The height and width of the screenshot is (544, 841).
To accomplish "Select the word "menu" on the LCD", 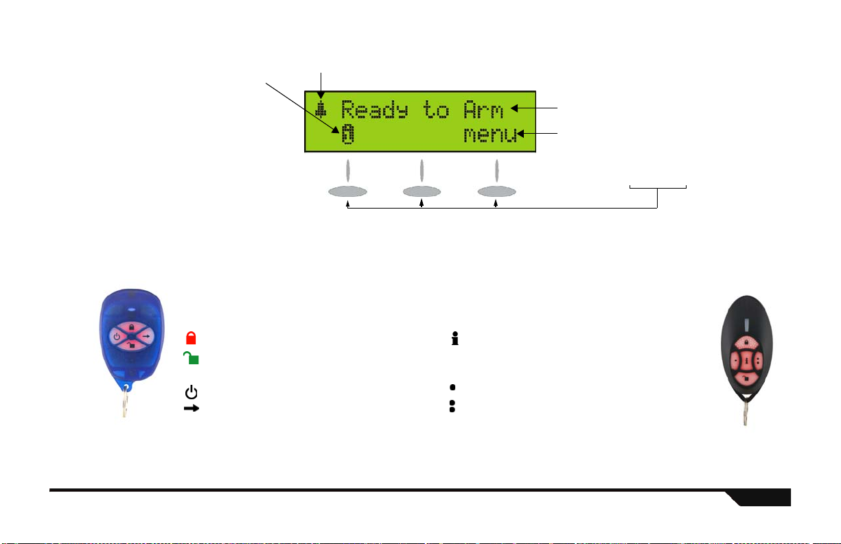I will (489, 136).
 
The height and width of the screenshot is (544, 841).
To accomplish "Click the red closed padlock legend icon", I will (191, 338).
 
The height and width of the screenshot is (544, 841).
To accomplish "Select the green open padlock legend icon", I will (190, 357).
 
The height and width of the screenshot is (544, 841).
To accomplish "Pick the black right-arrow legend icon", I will (191, 407).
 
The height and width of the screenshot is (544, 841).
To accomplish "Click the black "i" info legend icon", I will (453, 338).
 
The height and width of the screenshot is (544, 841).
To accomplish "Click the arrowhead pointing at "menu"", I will (522, 134).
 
